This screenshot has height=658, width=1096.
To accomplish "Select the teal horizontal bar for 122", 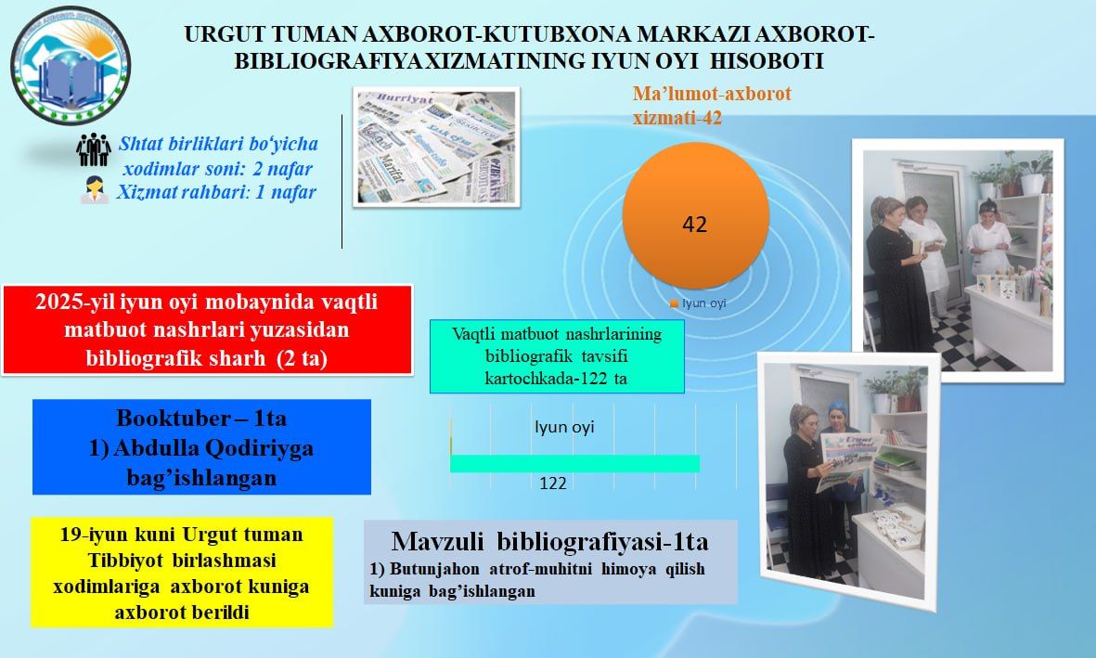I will tap(574, 463).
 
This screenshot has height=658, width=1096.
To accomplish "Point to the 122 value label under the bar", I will tap(553, 483).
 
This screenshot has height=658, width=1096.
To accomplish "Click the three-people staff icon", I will tap(94, 148).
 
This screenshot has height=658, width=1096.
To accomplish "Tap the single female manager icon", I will tap(94, 192).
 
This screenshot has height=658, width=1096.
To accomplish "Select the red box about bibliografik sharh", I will tap(208, 330).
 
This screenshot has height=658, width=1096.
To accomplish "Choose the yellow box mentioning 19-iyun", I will tap(182, 574).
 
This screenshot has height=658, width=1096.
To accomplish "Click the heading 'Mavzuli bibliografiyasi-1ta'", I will tap(549, 541).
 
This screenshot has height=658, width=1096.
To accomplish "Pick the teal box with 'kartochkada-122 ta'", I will tap(557, 356).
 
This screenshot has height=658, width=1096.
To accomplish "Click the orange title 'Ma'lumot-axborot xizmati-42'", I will tap(711, 106).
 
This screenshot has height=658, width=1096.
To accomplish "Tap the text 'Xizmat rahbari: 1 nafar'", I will tap(216, 193).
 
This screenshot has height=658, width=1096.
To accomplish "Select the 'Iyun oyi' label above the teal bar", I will tap(563, 428).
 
